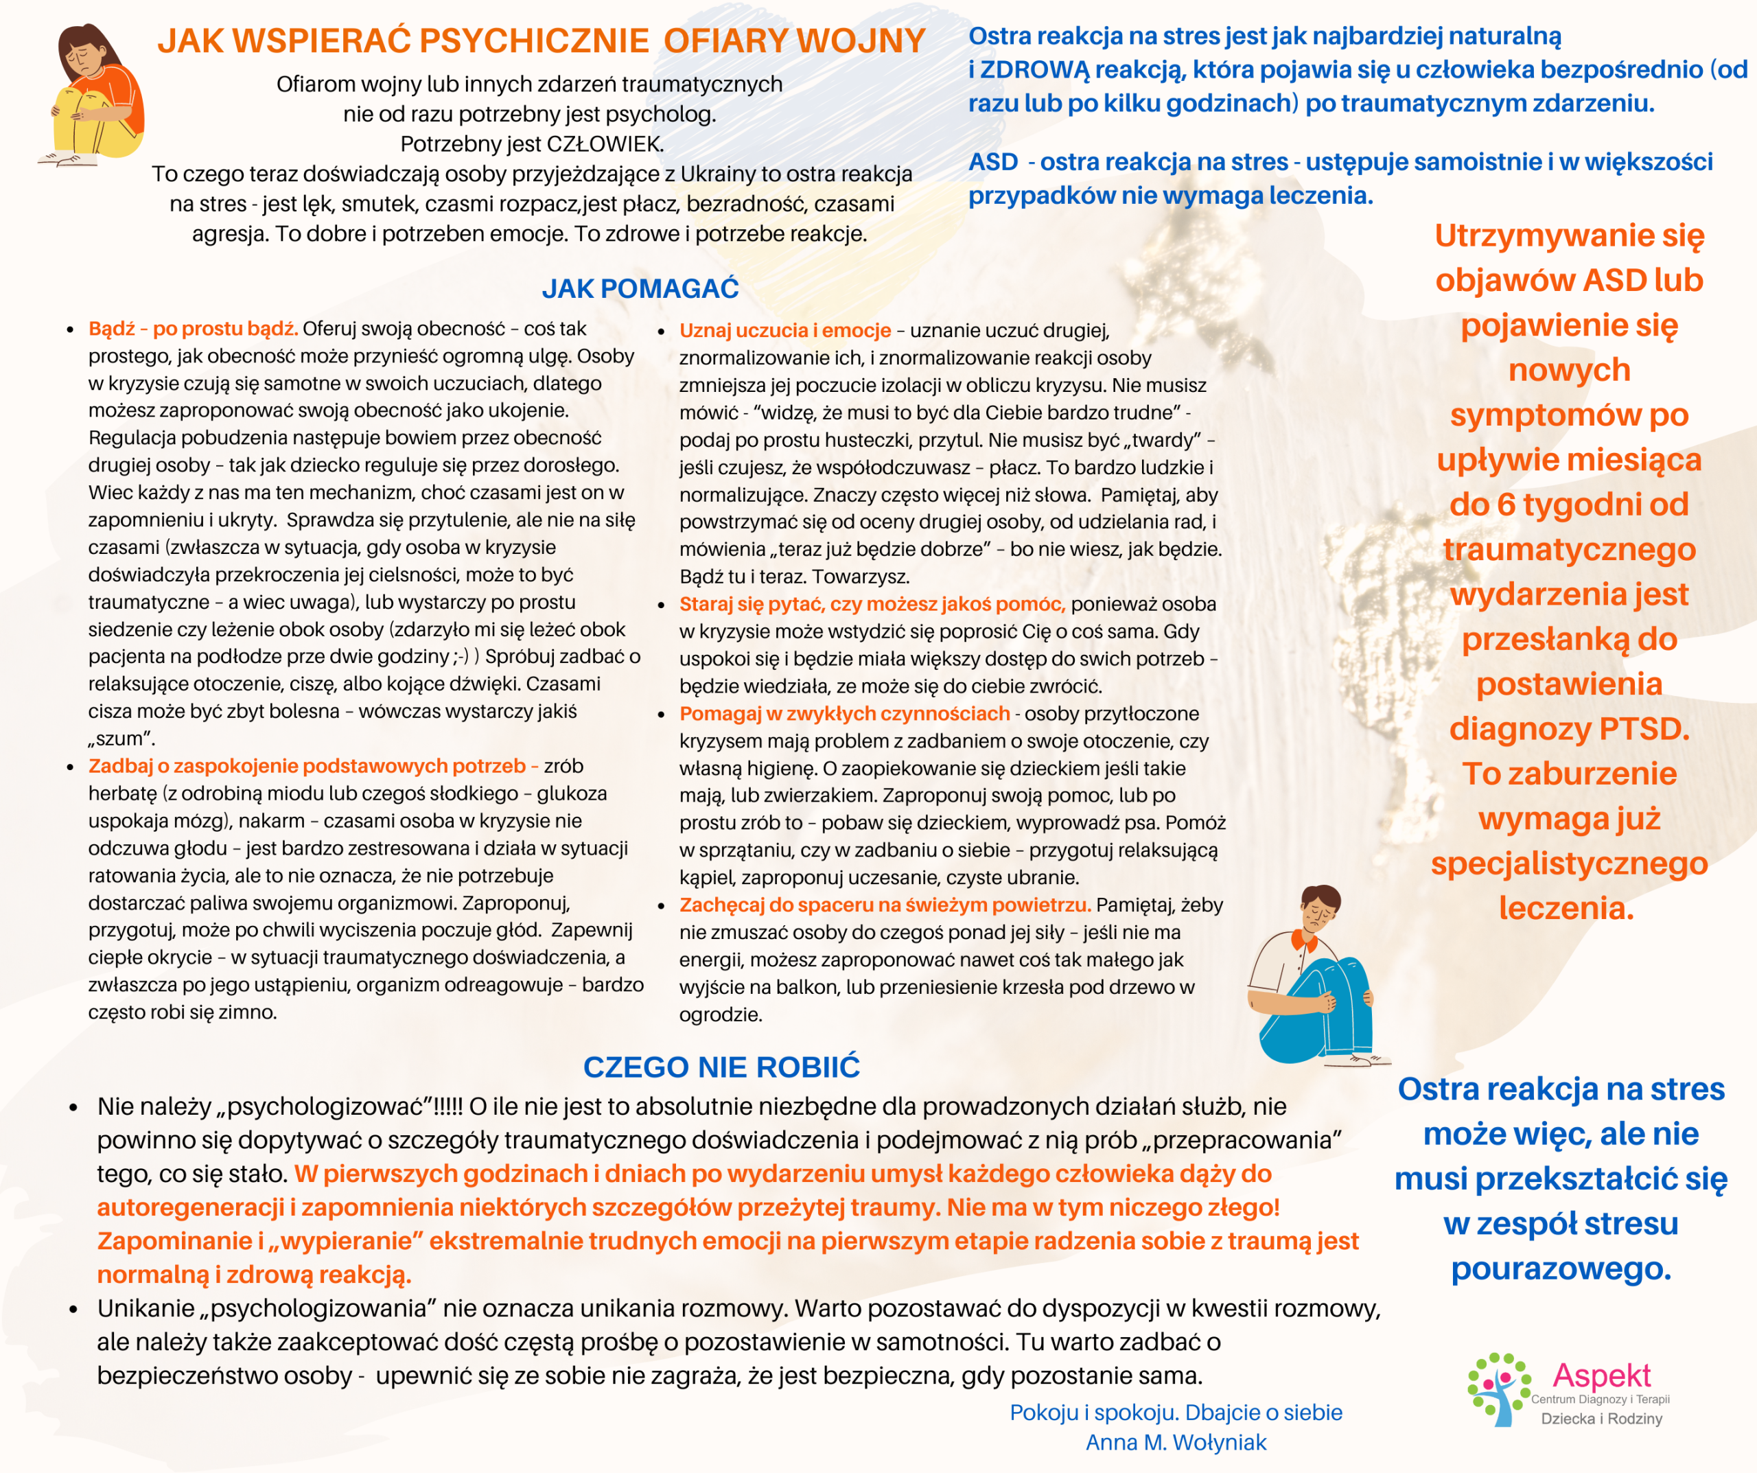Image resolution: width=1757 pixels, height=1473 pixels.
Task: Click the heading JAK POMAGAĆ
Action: click(640, 289)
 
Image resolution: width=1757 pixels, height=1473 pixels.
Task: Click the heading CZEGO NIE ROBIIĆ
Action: click(721, 1067)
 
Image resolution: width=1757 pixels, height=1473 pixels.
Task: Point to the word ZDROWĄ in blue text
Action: click(1034, 69)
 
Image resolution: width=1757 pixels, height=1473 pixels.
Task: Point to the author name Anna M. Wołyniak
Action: click(1176, 1443)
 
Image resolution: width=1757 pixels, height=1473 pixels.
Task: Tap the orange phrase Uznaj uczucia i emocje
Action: click(784, 331)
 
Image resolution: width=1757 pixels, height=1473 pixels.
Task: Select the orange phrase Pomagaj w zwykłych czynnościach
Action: click(844, 714)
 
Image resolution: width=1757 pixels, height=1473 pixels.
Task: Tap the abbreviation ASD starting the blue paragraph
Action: click(993, 161)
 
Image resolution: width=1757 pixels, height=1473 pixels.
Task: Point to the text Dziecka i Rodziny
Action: click(1601, 1419)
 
